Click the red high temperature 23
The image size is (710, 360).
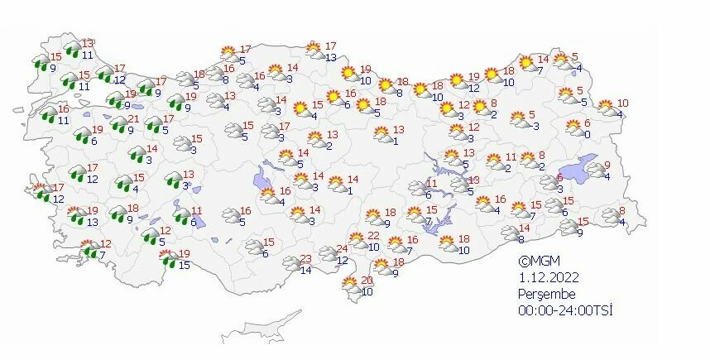[x=305, y=257]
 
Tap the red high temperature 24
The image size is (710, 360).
[x=343, y=249]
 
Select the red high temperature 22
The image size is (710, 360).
[x=373, y=236]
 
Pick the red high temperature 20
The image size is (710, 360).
[x=367, y=281]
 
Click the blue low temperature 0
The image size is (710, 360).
[x=586, y=134]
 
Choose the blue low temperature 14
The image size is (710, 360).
[x=305, y=270]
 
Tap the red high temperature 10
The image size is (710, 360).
[x=623, y=103]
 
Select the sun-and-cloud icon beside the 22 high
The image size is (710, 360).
[x=358, y=241]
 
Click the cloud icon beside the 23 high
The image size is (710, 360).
[x=290, y=263]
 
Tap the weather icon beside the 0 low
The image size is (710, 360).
[x=573, y=127]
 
